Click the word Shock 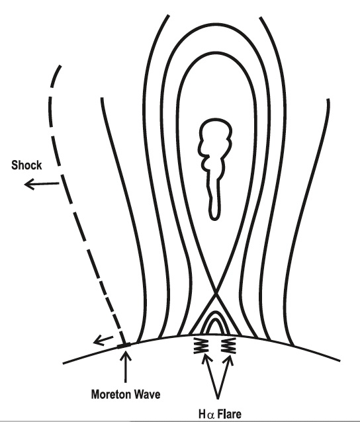[x=26, y=165]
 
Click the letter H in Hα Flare [x=202, y=414]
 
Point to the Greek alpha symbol [x=211, y=415]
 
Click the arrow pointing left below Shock [x=42, y=185]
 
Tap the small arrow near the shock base [x=103, y=340]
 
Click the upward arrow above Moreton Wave [x=125, y=367]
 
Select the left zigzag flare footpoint [x=201, y=345]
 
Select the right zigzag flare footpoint [x=228, y=345]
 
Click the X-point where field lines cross [x=215, y=294]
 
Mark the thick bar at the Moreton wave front [x=124, y=345]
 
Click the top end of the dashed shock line [x=60, y=66]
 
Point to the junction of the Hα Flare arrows [x=218, y=398]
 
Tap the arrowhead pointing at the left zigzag [x=206, y=358]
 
